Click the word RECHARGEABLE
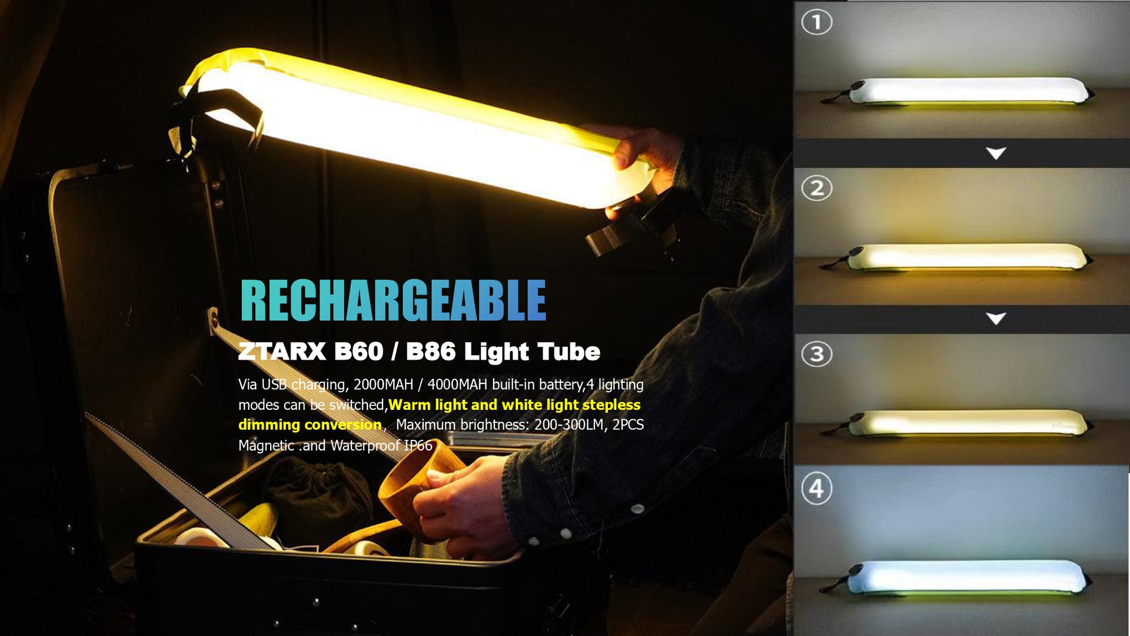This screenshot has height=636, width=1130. coord(393,300)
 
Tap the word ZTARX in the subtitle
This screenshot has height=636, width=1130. coord(282,352)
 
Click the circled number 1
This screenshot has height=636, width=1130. coord(816,22)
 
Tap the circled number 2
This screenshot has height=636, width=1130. coord(816,188)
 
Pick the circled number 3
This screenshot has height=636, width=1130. coord(816,355)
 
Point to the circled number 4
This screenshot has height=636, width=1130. coord(816,489)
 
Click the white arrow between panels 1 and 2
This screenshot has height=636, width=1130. coord(996,154)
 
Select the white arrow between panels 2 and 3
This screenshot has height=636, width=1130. coord(996,319)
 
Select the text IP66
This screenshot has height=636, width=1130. coord(418,446)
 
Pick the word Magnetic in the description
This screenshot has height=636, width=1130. coord(266,446)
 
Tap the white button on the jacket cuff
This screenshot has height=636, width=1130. coord(566,534)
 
